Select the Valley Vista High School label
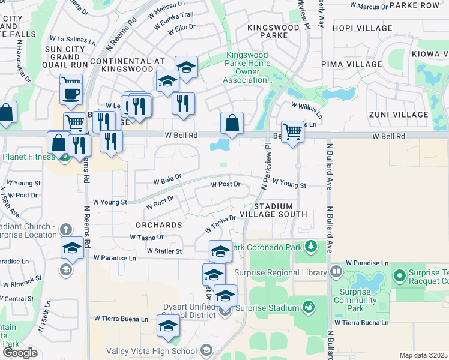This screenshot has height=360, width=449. click(x=151, y=351)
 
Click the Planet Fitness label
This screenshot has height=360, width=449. click(x=29, y=157)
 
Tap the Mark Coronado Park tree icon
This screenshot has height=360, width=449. click(x=311, y=247)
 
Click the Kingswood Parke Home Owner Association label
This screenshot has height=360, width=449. click(x=247, y=68)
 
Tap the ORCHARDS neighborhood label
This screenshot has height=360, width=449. click(x=159, y=225)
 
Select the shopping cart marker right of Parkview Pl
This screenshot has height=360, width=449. click(x=292, y=130)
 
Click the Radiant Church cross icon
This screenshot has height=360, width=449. click(x=66, y=229)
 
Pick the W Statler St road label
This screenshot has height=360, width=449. click(x=164, y=251)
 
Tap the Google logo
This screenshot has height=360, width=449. click(x=20, y=353)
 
